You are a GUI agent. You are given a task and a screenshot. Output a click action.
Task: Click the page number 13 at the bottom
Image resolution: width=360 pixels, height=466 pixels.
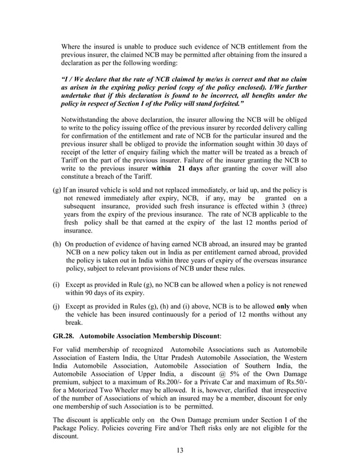pos(180,450)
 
